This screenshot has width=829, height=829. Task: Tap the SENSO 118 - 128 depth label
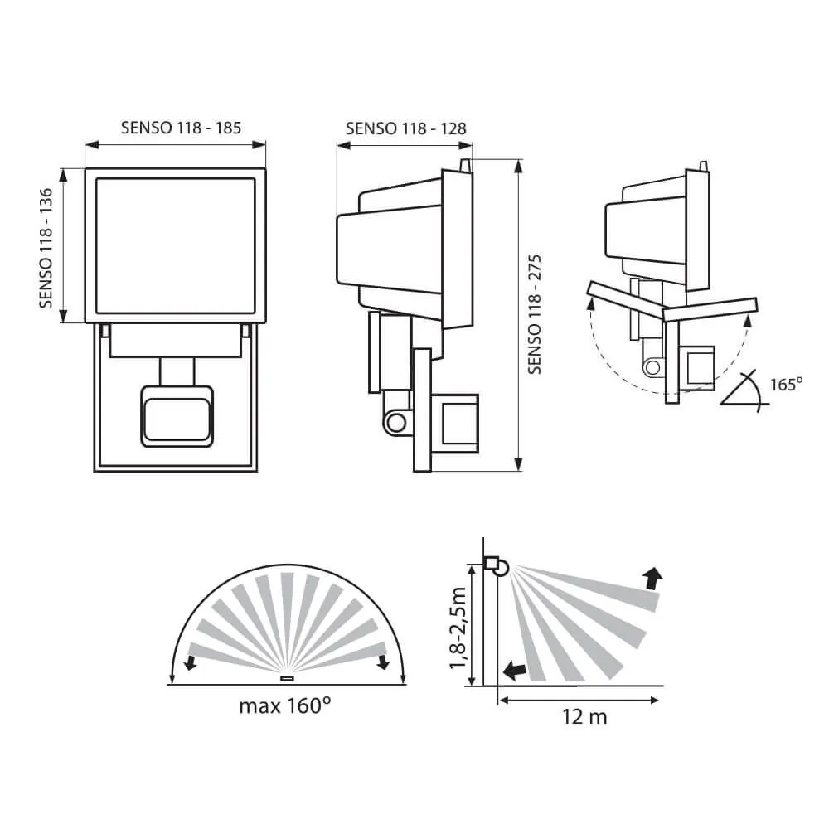(405, 128)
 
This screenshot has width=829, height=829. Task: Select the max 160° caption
(285, 706)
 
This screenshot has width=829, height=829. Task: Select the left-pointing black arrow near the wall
(515, 670)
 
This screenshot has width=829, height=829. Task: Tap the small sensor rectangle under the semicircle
(287, 679)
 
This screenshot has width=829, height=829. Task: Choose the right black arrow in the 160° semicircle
(383, 662)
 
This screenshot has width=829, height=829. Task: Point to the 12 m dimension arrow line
(579, 701)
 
